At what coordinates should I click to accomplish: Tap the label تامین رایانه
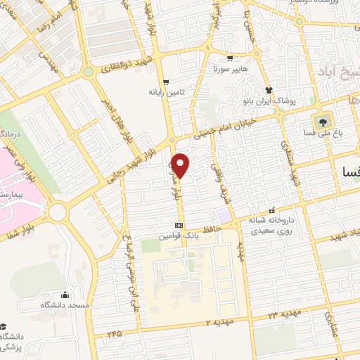[x=165, y=92]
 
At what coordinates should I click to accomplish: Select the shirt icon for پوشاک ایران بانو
[x=268, y=89]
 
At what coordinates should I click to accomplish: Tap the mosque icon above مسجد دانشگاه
[x=65, y=294]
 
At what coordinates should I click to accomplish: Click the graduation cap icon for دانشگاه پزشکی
[x=4, y=326]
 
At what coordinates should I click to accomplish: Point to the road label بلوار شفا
[x=20, y=217]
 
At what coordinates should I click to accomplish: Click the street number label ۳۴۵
[x=115, y=332]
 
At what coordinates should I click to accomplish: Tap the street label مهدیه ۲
[x=217, y=321]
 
